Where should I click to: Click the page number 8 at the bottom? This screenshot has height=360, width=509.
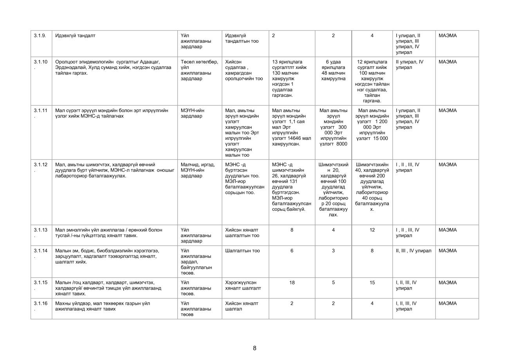point(254,348)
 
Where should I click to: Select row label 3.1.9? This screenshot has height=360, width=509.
point(40,36)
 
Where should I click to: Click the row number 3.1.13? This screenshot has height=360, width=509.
point(40,230)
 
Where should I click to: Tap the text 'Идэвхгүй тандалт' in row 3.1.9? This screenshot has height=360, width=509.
point(75,36)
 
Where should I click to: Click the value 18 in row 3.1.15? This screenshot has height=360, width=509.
point(292,282)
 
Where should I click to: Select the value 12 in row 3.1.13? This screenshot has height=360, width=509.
point(372,230)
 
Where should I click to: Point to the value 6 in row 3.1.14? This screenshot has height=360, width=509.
point(292,251)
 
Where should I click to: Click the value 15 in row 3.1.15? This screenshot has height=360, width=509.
point(372,282)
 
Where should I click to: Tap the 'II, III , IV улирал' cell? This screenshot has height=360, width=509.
point(413,251)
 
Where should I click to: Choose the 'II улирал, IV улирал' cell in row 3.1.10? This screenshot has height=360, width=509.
point(410,65)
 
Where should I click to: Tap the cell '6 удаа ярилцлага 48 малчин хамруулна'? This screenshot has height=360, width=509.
point(333,70)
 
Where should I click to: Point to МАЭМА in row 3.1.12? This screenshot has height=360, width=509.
point(448,165)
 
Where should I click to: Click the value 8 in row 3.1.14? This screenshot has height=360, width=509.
point(372,251)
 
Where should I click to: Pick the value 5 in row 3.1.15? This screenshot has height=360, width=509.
point(333,282)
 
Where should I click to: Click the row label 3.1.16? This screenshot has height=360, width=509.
point(40,303)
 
